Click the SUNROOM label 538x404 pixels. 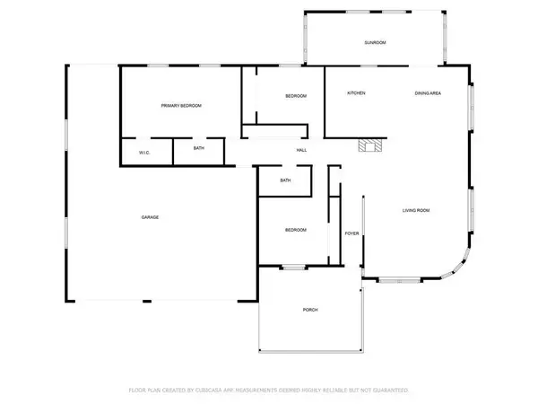pos(375,43)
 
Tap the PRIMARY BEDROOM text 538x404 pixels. pos(181,106)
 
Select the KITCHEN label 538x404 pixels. pos(356,93)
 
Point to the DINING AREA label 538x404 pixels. pos(427,93)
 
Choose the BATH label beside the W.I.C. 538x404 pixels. pos(198,149)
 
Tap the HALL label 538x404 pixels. pos(302,150)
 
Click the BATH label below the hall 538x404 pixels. pos(285,180)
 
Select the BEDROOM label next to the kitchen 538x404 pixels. pos(296,96)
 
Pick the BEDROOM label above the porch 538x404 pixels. pos(296,230)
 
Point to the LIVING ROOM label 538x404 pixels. pos(416,210)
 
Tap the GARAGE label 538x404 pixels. pos(149,218)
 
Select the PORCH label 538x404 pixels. pos(310,310)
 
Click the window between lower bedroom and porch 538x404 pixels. pos(292,266)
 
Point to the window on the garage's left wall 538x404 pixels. pos(65,146)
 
